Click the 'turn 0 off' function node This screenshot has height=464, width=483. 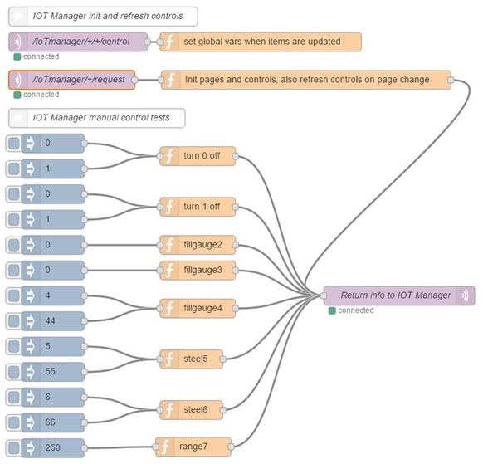[x=199, y=156]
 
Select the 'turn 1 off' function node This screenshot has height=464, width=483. [x=199, y=207]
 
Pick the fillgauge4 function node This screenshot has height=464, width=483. [x=199, y=307]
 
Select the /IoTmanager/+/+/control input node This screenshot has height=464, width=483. [x=79, y=42]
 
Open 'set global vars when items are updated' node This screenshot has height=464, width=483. [x=261, y=42]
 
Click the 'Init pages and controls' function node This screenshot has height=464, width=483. [x=305, y=80]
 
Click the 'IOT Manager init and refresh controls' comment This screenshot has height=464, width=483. [x=103, y=17]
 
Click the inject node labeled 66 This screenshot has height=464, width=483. [x=55, y=422]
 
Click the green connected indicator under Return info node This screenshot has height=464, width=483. [x=332, y=310]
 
